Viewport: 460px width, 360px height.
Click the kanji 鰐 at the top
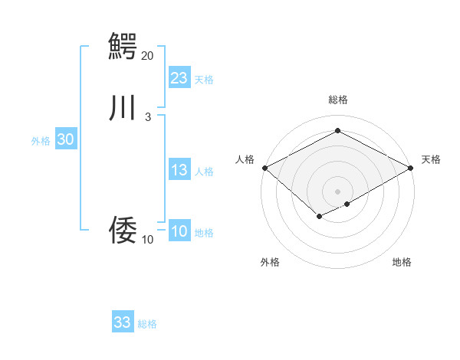(x=123, y=44)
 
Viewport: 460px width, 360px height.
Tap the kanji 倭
(x=123, y=229)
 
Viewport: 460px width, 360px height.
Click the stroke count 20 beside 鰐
(x=147, y=55)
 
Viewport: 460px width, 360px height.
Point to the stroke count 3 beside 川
(x=147, y=116)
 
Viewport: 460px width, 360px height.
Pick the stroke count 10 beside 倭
(x=147, y=240)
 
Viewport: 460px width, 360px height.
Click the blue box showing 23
(x=179, y=78)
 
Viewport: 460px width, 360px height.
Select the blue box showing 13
(x=179, y=170)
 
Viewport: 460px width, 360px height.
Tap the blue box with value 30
(x=65, y=139)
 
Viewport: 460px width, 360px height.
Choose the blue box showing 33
(x=123, y=322)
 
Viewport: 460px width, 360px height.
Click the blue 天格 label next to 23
(x=204, y=80)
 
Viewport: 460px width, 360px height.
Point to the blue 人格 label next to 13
(x=204, y=172)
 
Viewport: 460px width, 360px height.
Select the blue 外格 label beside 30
(x=41, y=141)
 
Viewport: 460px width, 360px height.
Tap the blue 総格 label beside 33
(x=147, y=324)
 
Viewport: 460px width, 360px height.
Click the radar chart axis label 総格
(x=337, y=100)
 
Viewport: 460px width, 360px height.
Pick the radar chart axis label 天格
(x=432, y=159)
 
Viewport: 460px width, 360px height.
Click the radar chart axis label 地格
(x=402, y=262)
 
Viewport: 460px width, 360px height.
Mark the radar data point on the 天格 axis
(x=411, y=168)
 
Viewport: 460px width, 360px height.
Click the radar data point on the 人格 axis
(x=264, y=168)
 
